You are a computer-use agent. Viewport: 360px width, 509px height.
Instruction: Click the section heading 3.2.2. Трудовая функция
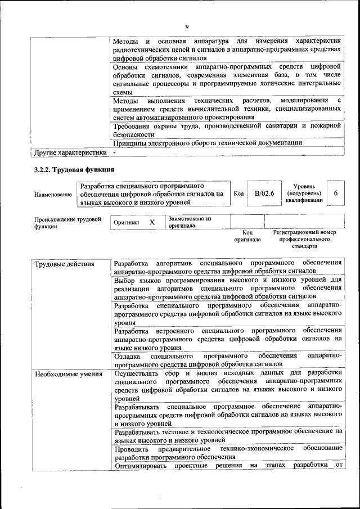pyautogui.click(x=74, y=170)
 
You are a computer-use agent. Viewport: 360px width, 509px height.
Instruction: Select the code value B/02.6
pyautogui.click(x=264, y=193)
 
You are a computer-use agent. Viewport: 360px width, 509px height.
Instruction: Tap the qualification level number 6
pyautogui.click(x=336, y=193)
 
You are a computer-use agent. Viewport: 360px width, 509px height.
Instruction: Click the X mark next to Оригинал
pyautogui.click(x=152, y=222)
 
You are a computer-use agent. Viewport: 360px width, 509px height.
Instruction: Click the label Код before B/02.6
pyautogui.click(x=238, y=194)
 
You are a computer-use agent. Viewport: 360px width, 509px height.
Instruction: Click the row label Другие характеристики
pyautogui.click(x=70, y=152)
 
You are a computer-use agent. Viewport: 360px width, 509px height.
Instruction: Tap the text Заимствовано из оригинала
pyautogui.click(x=189, y=222)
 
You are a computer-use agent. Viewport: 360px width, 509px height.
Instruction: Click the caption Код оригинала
pyautogui.click(x=247, y=236)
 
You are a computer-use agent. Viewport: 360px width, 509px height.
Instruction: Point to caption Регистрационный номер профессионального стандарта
pyautogui.click(x=304, y=239)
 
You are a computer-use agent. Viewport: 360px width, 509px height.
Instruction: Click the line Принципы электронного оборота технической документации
pyautogui.click(x=208, y=143)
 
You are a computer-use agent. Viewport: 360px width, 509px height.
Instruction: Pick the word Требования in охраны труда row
pyautogui.click(x=133, y=125)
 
